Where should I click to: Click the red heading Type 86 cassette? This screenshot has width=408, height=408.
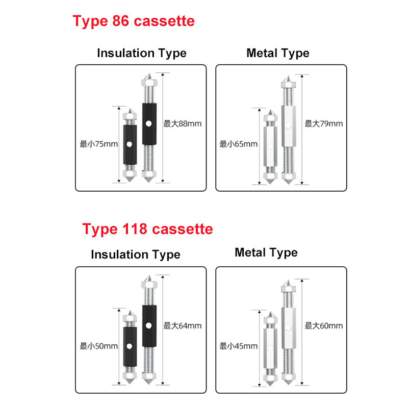134,21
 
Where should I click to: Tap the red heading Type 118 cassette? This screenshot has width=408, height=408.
147,229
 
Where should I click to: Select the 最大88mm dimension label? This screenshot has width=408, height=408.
183,123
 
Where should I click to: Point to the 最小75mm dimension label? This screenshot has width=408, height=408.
98,144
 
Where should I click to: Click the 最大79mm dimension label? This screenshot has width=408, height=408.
324,123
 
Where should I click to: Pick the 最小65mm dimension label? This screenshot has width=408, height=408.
238,144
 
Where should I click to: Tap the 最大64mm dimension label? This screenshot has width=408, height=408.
183,325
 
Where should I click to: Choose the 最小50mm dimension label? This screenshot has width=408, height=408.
98,346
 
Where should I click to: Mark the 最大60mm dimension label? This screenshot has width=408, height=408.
324,325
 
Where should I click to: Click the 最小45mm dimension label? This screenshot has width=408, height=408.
238,346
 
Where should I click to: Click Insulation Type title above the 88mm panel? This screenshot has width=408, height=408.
142,54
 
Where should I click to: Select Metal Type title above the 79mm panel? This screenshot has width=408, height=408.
278,54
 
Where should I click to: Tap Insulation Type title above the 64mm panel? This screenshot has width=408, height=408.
136,254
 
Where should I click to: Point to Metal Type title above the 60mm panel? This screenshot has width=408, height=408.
266,252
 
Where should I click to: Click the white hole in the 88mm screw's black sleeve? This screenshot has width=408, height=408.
148,123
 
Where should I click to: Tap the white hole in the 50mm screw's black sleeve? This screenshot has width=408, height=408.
130,346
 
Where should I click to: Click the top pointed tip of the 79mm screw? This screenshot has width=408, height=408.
288,75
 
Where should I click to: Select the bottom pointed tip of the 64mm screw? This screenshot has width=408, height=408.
148,384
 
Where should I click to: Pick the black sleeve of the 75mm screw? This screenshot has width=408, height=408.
130,145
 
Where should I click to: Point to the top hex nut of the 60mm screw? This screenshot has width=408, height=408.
288,288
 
